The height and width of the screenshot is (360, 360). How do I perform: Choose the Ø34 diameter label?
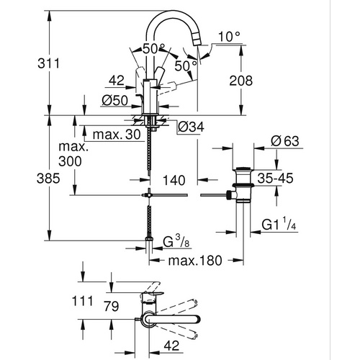click(x=189, y=127)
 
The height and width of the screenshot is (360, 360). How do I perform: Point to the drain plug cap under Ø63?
click(x=243, y=173)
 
